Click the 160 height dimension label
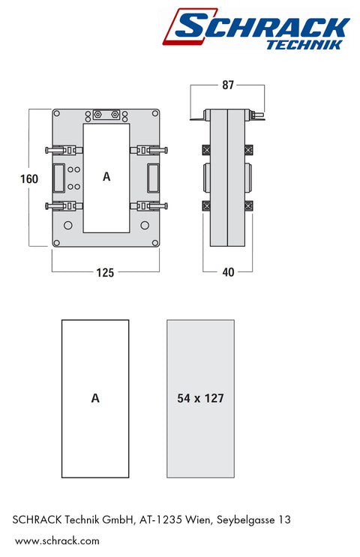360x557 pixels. pyautogui.click(x=29, y=178)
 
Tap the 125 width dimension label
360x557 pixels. pyautogui.click(x=105, y=272)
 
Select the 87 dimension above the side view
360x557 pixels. pyautogui.click(x=228, y=85)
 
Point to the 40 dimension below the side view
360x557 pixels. pyautogui.click(x=228, y=272)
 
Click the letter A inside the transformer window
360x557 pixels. pyautogui.click(x=106, y=177)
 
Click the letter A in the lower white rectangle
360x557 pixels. pyautogui.click(x=95, y=398)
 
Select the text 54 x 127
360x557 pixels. pyautogui.click(x=200, y=398)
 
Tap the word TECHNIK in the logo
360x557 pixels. pyautogui.click(x=304, y=45)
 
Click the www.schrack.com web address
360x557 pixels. pyautogui.click(x=57, y=541)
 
